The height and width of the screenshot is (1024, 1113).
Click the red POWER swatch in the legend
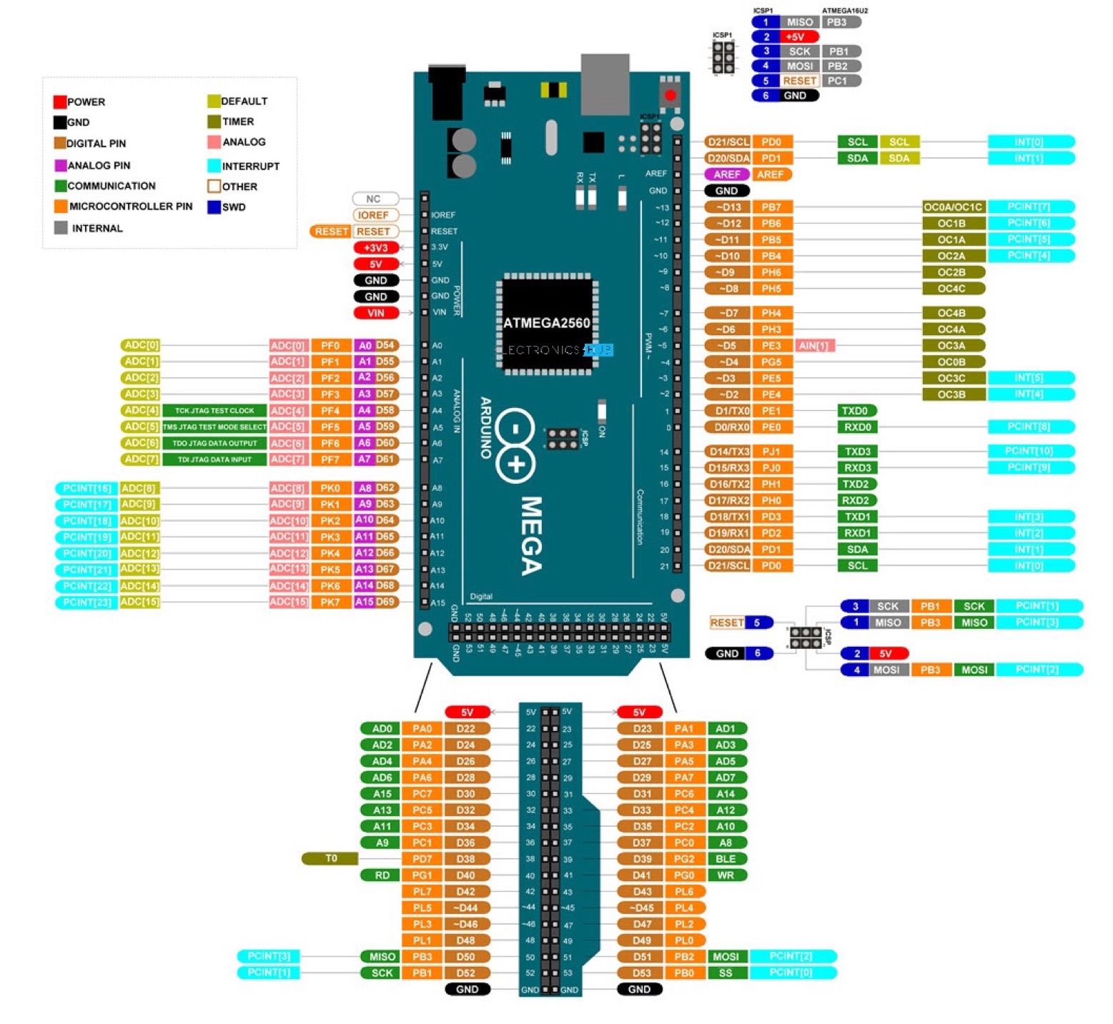coord(60,101)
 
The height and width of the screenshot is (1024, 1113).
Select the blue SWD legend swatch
coord(214,207)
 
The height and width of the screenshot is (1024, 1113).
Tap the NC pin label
coord(374,199)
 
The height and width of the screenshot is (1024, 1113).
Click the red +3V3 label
coord(376,248)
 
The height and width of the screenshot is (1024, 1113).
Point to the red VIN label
coord(376,313)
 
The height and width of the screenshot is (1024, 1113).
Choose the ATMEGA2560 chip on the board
coord(547,323)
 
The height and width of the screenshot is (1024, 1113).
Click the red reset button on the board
coord(670,95)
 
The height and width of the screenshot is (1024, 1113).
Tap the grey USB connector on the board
coord(605,84)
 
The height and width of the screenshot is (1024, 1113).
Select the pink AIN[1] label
coord(814,346)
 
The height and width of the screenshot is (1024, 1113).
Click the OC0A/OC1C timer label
coord(953,207)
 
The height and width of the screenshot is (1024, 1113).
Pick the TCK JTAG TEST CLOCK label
coord(214,411)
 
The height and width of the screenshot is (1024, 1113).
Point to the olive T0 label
coord(330,858)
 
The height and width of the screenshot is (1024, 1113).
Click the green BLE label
coord(726,859)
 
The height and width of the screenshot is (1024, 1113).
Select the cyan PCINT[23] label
coord(86,602)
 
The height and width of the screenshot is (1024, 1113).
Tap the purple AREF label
coord(727,174)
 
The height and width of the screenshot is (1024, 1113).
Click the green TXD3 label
coord(857,452)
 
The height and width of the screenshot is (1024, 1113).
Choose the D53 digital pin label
coord(641,973)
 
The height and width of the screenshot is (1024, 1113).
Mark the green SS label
coord(726,973)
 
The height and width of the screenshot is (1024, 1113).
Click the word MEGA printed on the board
coord(531,536)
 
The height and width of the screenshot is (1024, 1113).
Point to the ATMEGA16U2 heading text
coord(845,11)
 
